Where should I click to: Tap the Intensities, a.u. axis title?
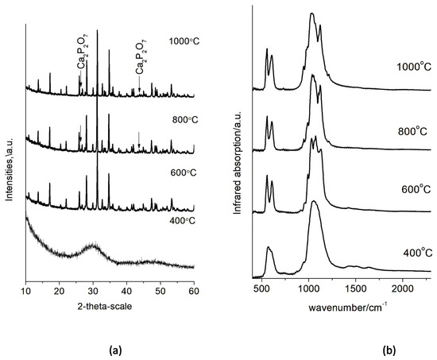coord(8,152)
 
